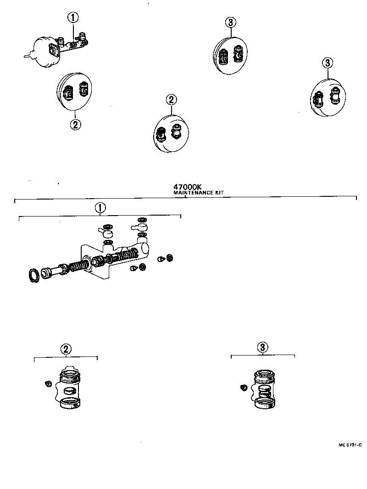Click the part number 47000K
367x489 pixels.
pos(188,187)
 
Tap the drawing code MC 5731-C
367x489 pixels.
pos(350,445)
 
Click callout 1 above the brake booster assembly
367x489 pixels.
pos(73,18)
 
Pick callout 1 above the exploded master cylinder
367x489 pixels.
pos(100,208)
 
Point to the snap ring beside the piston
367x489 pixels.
pos(34,277)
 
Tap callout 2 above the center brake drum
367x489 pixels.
pos(171,100)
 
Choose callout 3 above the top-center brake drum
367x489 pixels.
pos(231,22)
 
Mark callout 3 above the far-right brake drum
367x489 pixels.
pos(327,63)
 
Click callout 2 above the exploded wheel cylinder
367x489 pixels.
pos(66,349)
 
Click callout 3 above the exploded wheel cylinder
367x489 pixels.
pos(262,347)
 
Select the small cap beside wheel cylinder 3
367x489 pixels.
pos(244,388)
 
